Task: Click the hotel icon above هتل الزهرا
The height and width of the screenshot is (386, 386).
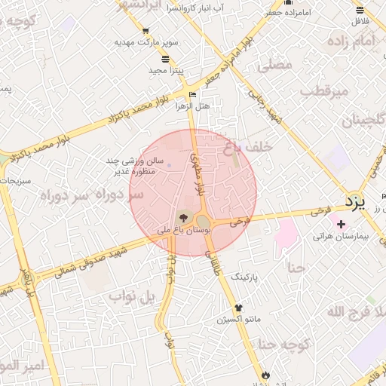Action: coord(191,94)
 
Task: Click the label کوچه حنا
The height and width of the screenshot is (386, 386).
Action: coord(284,345)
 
